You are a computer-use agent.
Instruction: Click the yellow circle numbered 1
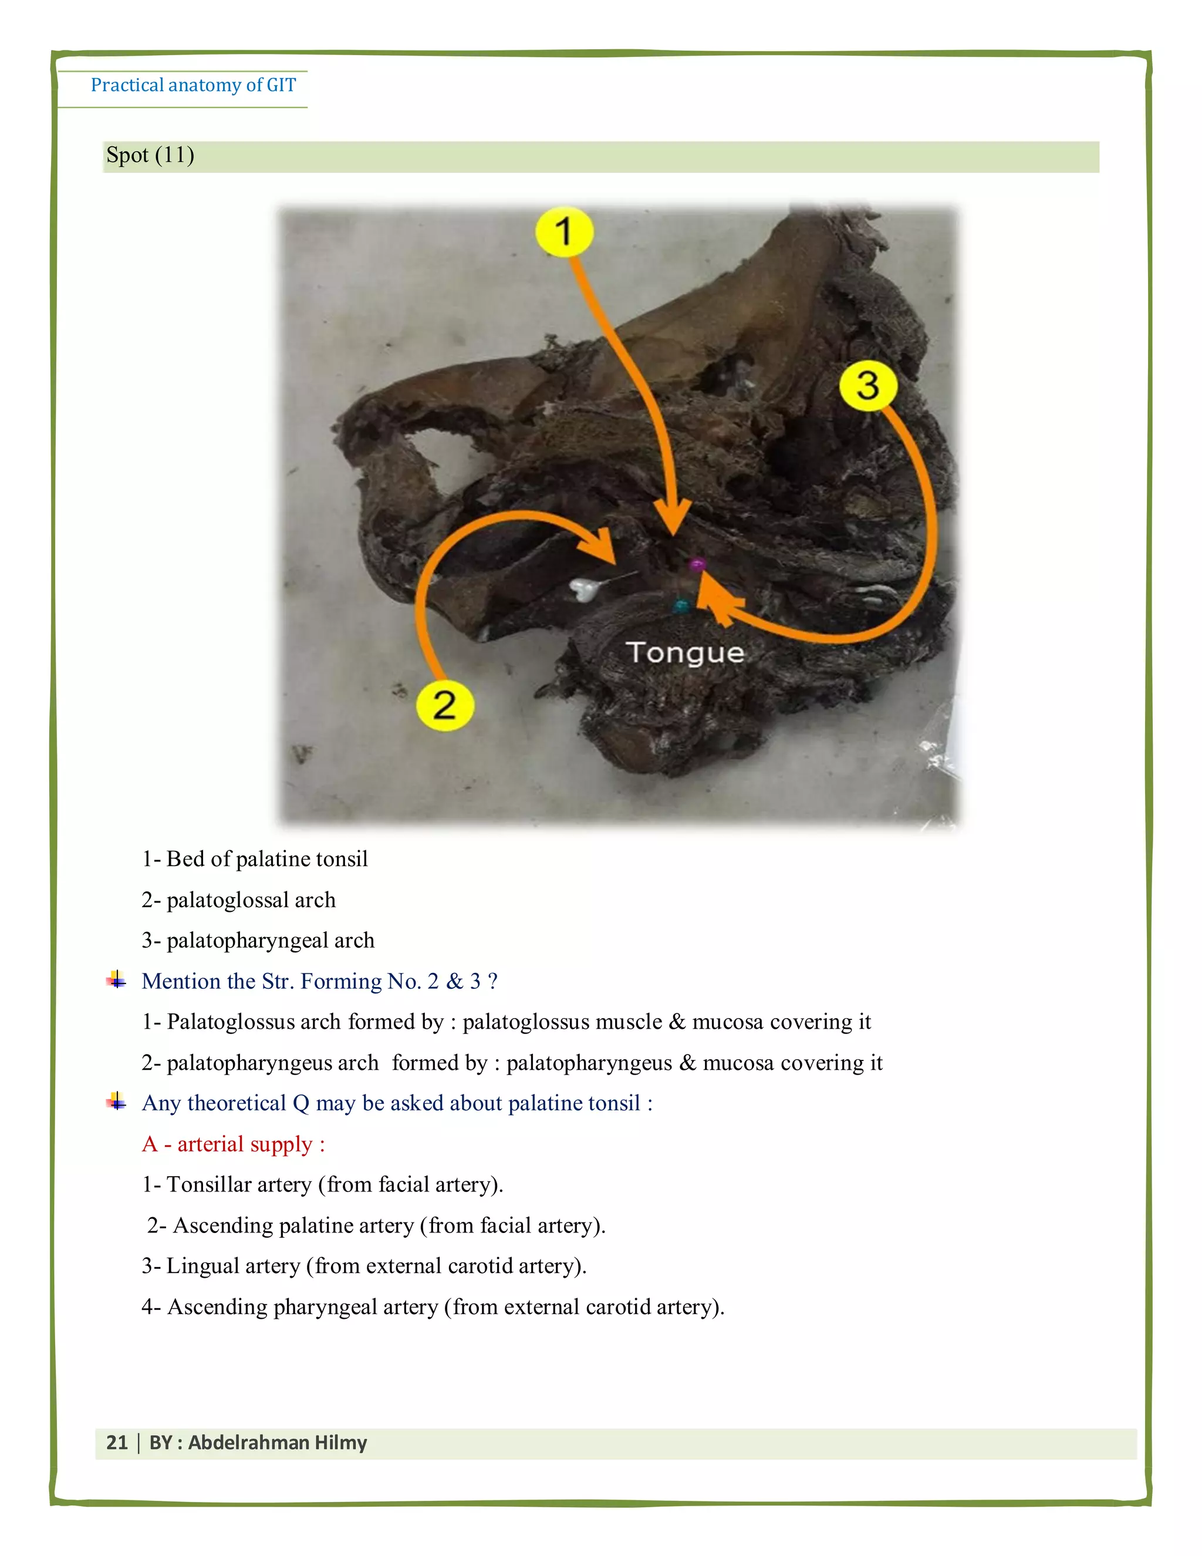[x=564, y=231]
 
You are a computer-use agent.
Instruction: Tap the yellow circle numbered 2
[x=444, y=705]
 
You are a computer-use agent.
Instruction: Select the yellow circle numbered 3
[x=867, y=385]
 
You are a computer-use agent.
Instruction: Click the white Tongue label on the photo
[x=685, y=652]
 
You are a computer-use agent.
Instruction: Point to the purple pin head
[x=697, y=565]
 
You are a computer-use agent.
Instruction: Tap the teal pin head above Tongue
[x=681, y=607]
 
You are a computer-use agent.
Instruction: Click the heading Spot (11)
[x=150, y=156]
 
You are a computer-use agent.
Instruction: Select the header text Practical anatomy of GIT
[x=193, y=86]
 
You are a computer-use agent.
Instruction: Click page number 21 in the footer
[x=117, y=1443]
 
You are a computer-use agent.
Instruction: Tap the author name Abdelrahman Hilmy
[x=277, y=1443]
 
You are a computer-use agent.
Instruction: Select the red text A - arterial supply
[x=234, y=1144]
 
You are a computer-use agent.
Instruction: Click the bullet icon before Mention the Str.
[x=117, y=981]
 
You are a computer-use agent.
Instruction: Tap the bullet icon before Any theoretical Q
[x=117, y=1103]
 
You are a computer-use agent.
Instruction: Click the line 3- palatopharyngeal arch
[x=258, y=941]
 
